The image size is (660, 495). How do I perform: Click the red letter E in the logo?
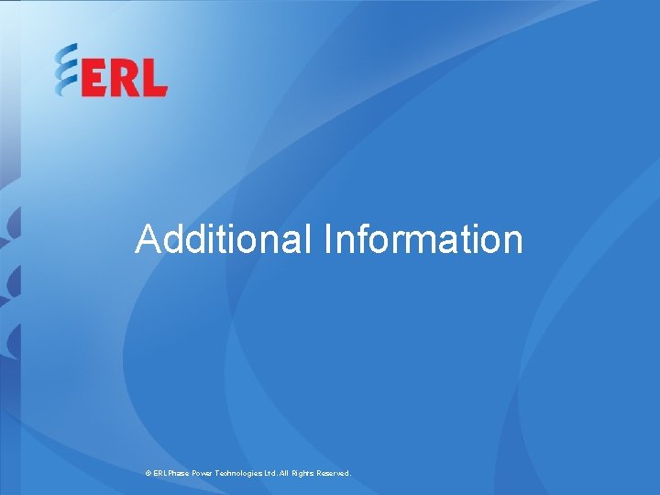click(x=94, y=81)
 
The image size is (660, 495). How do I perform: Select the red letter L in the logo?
click(x=154, y=81)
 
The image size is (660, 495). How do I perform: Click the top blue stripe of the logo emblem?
click(x=66, y=52)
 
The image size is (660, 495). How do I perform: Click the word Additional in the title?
click(x=224, y=239)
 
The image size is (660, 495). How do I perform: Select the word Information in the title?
click(x=423, y=239)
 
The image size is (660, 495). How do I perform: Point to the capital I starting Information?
click(x=327, y=239)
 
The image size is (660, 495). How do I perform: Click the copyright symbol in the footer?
click(x=148, y=473)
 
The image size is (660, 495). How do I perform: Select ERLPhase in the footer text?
click(x=172, y=473)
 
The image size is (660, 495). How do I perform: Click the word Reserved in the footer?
click(x=336, y=473)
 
